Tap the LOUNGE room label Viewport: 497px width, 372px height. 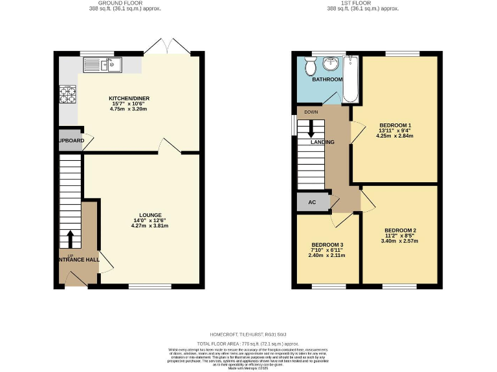(149, 215)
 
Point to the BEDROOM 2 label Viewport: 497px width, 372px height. (400, 231)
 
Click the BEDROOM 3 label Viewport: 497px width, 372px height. (327, 245)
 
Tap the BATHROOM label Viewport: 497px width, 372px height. (327, 79)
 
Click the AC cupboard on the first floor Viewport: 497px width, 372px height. (312, 202)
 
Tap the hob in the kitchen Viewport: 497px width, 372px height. (67, 94)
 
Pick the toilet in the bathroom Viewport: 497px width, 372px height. (309, 66)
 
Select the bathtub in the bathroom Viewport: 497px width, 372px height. (350, 79)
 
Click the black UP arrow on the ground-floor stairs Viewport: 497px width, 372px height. (69, 239)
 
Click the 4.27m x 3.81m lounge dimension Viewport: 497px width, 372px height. (149, 226)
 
